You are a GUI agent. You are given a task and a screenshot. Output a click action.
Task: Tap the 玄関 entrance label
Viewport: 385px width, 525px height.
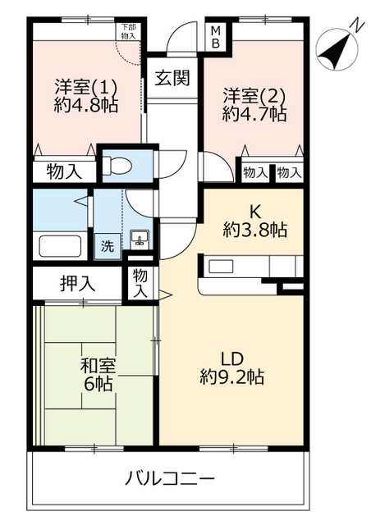(x=173, y=79)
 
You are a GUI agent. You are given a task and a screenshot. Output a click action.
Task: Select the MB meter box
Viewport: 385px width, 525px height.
(x=216, y=37)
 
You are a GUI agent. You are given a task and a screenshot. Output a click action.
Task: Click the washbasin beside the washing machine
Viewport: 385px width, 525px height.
(x=139, y=240)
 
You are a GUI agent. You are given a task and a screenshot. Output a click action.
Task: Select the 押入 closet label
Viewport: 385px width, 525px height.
(x=78, y=284)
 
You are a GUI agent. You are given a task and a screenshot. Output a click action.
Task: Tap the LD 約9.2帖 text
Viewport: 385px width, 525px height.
(x=231, y=367)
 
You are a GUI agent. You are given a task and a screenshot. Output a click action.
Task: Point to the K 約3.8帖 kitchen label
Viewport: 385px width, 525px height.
(x=254, y=221)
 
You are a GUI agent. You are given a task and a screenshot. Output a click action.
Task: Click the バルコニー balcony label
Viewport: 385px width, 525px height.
(x=171, y=478)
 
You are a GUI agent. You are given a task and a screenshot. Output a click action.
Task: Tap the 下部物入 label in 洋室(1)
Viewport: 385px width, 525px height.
(x=127, y=31)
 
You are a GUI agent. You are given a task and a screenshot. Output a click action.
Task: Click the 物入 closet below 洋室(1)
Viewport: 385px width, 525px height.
(x=63, y=173)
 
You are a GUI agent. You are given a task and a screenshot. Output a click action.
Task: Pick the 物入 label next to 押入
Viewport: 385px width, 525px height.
(x=140, y=284)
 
